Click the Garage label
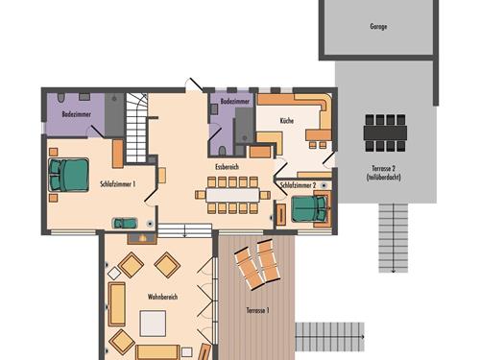[x=378, y=26]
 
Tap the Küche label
[x=287, y=121]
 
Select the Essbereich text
[x=227, y=167]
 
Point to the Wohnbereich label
[x=162, y=297]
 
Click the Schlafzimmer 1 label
[x=117, y=184]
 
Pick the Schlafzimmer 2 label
[x=298, y=185]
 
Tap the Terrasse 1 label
[x=257, y=310]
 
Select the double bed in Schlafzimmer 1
[x=69, y=175]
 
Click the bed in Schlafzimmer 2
[x=309, y=208]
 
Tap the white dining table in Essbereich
[x=232, y=195]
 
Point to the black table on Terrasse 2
[x=385, y=132]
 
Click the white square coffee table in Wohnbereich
[x=153, y=324]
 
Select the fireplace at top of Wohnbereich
[x=142, y=238]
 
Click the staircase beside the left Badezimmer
[x=136, y=128]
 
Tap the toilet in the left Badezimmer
[x=61, y=97]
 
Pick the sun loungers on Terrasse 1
[x=257, y=264]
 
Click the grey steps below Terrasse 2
[x=394, y=238]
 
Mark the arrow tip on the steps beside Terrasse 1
[x=364, y=337]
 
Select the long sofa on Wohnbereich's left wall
[x=116, y=304]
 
